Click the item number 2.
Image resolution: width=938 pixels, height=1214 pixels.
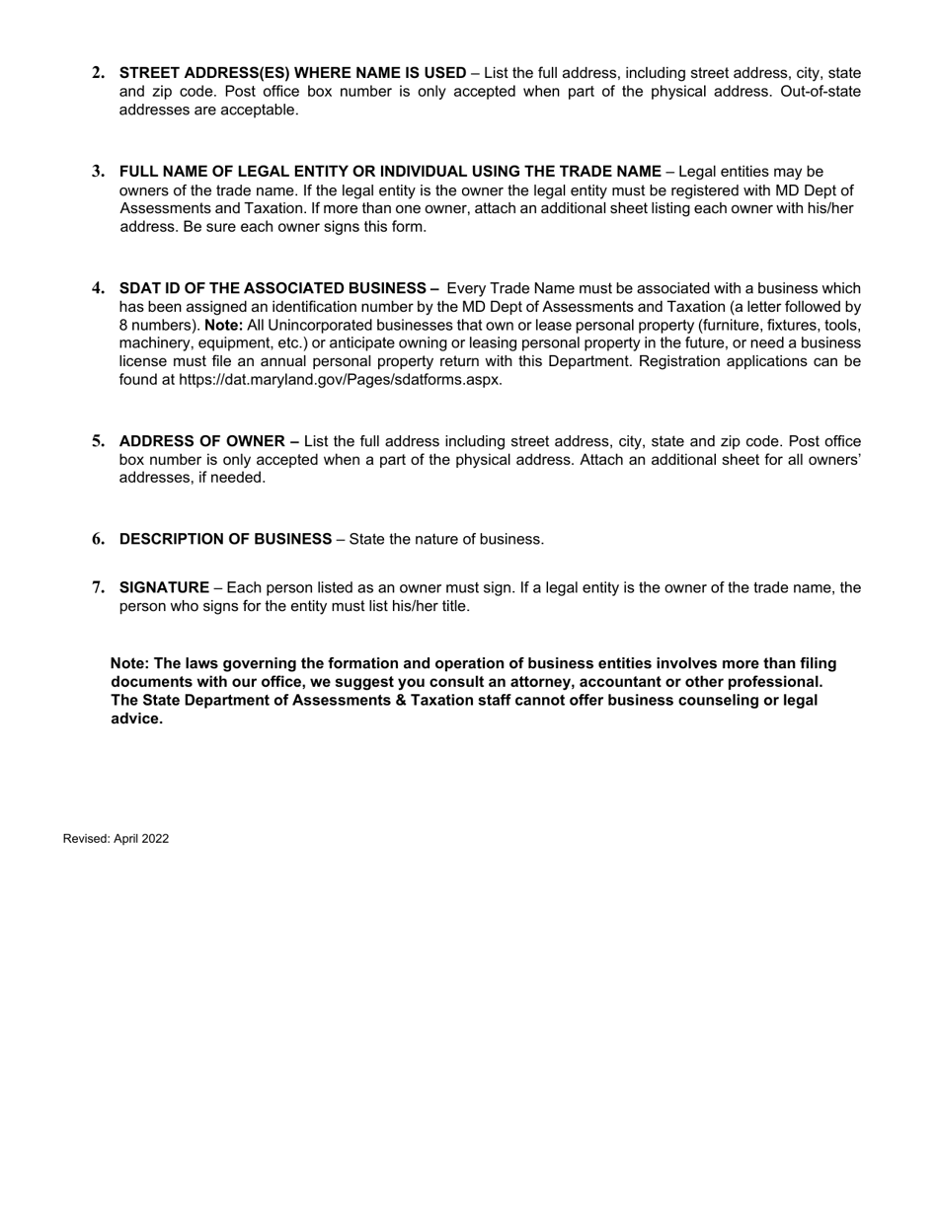(x=98, y=73)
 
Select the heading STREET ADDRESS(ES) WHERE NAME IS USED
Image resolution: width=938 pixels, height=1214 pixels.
(x=292, y=73)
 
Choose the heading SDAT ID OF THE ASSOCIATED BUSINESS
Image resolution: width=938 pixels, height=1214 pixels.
(x=278, y=288)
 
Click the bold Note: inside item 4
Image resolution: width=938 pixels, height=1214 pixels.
(x=224, y=325)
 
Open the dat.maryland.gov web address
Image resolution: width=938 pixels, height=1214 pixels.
(x=340, y=380)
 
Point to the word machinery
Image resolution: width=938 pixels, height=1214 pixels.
(x=155, y=343)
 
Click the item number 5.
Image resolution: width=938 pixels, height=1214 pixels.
(x=98, y=441)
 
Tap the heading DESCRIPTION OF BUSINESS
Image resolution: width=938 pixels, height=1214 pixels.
(x=225, y=539)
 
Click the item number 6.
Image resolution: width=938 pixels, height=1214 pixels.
(x=98, y=539)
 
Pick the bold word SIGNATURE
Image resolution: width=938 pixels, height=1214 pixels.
(x=164, y=588)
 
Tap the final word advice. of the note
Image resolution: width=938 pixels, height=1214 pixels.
(x=136, y=719)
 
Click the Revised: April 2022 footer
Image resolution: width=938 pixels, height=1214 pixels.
(x=116, y=839)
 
